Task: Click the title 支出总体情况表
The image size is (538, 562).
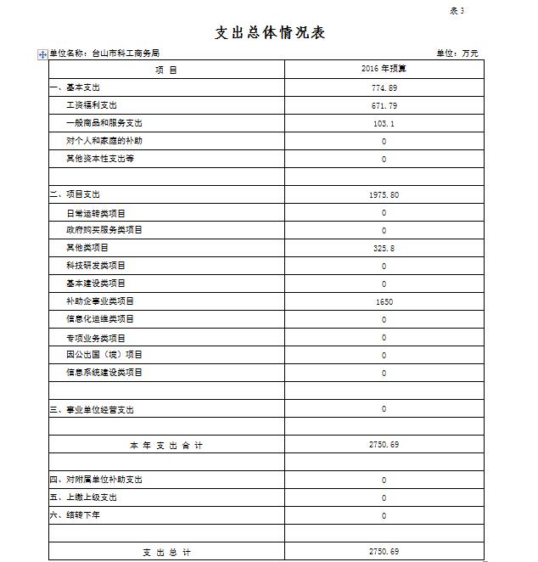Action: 270,33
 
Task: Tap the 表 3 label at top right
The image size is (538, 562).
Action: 457,11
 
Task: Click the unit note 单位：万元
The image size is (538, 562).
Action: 457,53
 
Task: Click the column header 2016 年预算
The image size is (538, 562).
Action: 384,70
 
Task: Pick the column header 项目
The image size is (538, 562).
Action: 166,70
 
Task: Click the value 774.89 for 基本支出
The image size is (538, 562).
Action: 384,87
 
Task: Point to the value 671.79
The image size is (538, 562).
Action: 384,105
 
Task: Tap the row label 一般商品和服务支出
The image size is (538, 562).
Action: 104,123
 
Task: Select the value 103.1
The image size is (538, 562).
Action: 384,123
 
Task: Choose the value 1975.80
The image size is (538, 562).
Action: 384,194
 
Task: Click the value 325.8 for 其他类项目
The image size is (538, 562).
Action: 384,248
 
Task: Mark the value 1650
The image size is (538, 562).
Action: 384,301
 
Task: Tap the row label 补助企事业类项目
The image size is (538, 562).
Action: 100,301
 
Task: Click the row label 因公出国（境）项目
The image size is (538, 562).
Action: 104,355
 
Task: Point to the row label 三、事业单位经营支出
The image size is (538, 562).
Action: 92,410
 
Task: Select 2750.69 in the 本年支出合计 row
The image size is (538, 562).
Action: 384,445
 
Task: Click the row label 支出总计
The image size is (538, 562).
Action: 166,552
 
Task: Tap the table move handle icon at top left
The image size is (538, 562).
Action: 42,54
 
